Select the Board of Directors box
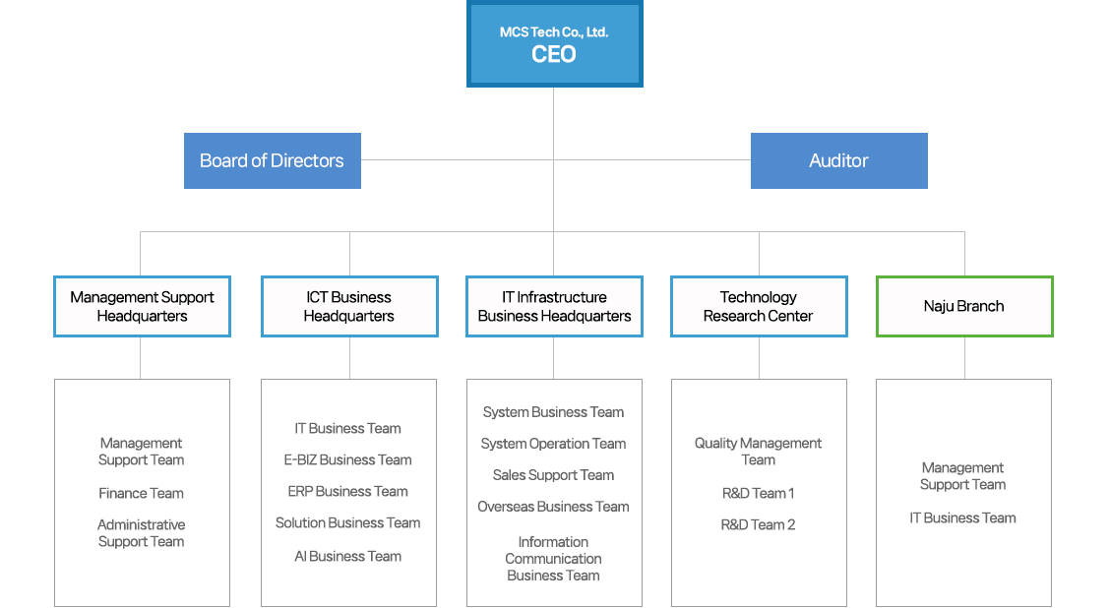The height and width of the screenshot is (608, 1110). coord(272,160)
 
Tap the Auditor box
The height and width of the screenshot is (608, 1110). coord(838,160)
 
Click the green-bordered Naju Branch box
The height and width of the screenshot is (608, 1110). coord(963,306)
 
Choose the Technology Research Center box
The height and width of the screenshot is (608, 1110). coord(758,306)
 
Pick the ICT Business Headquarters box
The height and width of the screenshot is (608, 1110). coord(348,306)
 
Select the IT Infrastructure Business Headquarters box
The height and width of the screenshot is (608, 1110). coord(554,306)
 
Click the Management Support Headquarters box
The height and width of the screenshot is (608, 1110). coord(142,306)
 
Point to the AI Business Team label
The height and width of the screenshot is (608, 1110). coord(347,556)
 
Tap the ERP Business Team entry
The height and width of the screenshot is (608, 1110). coord(347,491)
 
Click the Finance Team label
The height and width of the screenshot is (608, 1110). coord(141,493)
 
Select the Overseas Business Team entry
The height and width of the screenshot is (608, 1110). coord(553,507)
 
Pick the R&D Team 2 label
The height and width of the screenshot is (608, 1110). coord(758,524)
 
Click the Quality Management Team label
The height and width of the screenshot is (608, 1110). coord(758,452)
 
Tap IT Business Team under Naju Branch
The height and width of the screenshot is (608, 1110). coord(962,517)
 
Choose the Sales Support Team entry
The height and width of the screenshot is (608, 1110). coord(553,475)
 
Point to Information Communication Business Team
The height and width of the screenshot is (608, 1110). coord(553,559)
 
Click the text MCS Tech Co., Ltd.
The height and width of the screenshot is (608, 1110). coord(554,32)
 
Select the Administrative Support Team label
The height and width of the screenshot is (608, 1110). coord(141,533)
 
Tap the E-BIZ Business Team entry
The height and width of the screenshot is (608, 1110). coord(347,459)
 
